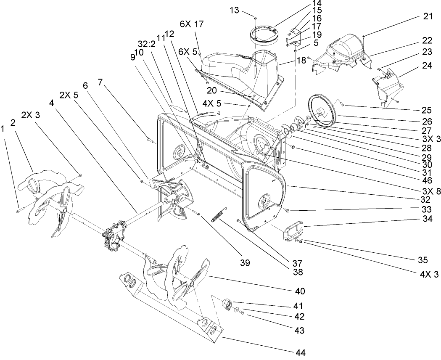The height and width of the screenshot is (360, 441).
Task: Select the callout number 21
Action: [x=427, y=16]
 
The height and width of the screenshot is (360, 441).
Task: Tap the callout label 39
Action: [x=245, y=263]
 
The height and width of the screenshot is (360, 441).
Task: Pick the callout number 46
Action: [x=427, y=180]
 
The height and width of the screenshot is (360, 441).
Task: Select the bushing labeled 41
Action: [x=227, y=304]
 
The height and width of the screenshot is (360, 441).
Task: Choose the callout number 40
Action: [x=300, y=291]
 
